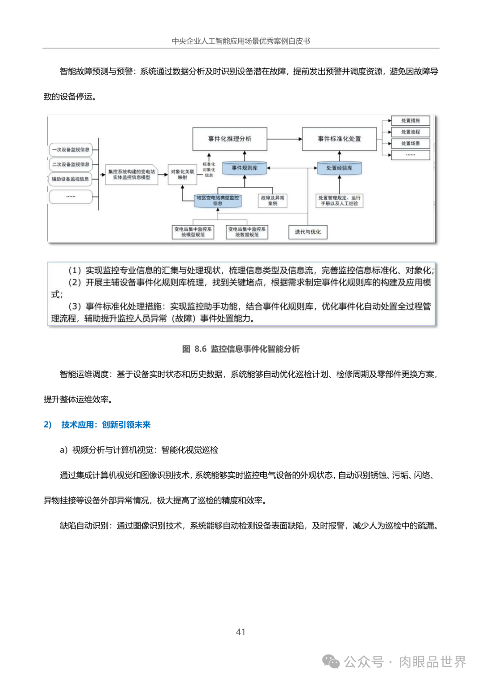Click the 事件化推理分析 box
[x=230, y=139]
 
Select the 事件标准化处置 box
[x=339, y=139]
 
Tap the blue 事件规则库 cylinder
[x=245, y=168]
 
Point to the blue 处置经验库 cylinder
[x=339, y=168]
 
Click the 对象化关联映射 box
[x=182, y=174]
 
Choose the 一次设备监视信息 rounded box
[x=71, y=150]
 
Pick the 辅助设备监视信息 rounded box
[x=71, y=179]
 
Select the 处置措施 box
[x=410, y=121]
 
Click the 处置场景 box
[x=410, y=144]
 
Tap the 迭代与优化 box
[x=307, y=232]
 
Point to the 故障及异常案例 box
[x=273, y=201]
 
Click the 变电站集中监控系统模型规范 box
[x=193, y=232]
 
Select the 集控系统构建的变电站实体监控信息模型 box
[x=132, y=174]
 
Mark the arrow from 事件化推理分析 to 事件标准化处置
[x=285, y=139]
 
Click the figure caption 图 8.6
[x=241, y=349]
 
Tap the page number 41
[x=241, y=632]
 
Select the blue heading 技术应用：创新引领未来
[x=105, y=425]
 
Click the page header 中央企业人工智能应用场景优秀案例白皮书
[x=241, y=41]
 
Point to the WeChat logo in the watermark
[x=331, y=662]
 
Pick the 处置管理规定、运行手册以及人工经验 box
[x=339, y=201]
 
